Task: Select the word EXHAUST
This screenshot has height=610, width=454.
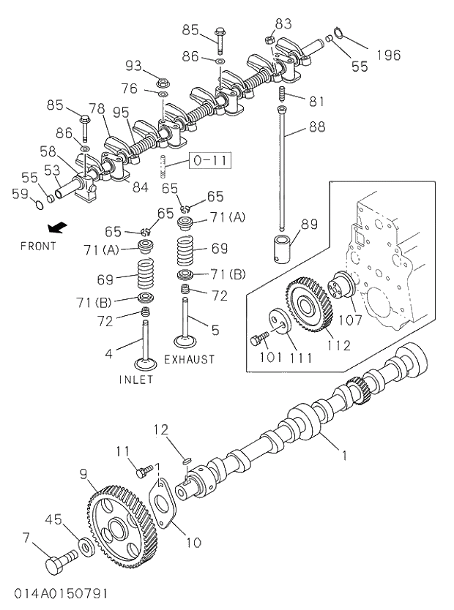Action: (x=190, y=359)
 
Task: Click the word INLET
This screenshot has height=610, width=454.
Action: (x=136, y=380)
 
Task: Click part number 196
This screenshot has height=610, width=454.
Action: (x=388, y=55)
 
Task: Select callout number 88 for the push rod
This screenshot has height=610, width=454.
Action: (x=316, y=127)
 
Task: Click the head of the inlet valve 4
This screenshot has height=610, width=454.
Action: (x=146, y=364)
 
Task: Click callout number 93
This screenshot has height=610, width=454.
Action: (x=133, y=66)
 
